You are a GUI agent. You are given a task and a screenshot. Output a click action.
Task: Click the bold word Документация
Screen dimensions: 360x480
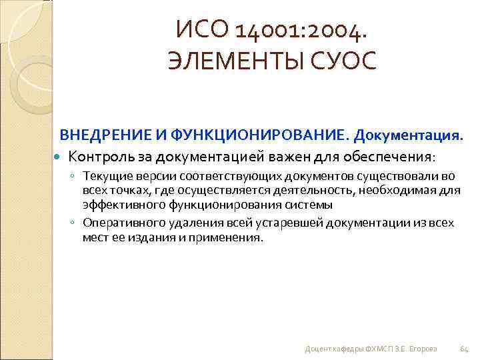(x=408, y=137)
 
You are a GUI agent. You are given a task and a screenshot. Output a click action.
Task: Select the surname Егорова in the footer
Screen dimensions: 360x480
(x=423, y=349)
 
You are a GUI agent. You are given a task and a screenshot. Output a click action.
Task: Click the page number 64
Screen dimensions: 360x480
(x=465, y=349)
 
